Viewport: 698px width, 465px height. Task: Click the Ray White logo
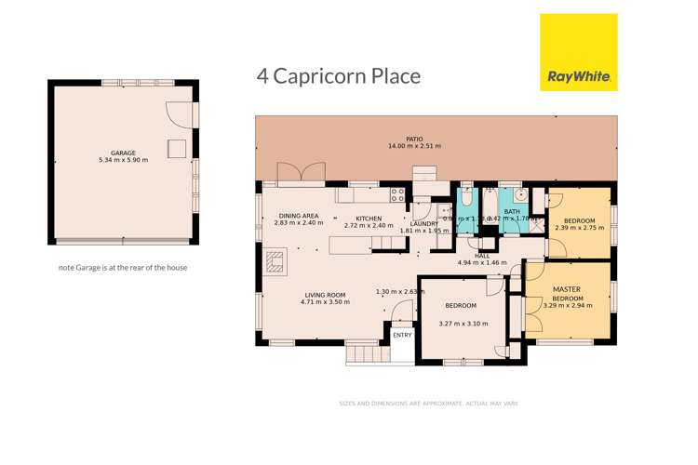(578, 52)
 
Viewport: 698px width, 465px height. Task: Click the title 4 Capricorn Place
(339, 75)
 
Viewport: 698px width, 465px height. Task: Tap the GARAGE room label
(123, 153)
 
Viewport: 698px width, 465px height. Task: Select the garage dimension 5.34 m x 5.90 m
(123, 160)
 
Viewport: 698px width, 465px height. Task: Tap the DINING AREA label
(299, 216)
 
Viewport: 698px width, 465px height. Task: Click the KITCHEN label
(369, 219)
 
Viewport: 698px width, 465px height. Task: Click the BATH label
(513, 212)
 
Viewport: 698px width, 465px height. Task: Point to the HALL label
(482, 255)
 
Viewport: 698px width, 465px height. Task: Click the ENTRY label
(402, 335)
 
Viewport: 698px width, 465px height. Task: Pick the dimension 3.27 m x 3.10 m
(463, 324)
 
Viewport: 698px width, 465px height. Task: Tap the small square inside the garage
(175, 149)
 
